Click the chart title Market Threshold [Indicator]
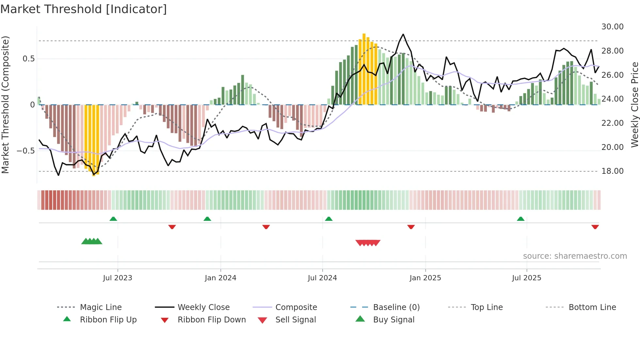tap(84, 9)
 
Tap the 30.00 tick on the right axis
tap(612, 27)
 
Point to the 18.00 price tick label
tap(612, 171)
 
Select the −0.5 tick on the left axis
tap(25, 151)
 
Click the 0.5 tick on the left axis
tap(28, 59)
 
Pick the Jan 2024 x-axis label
tap(220, 278)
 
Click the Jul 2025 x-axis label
tap(526, 278)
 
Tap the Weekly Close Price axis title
tap(634, 105)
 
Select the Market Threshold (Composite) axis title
tap(5, 105)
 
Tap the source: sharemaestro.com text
tap(575, 256)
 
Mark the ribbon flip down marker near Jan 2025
tap(411, 227)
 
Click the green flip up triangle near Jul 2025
tap(520, 219)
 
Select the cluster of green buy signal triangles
tap(92, 241)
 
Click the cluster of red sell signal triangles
tap(368, 243)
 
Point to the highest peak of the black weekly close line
tap(403, 34)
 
